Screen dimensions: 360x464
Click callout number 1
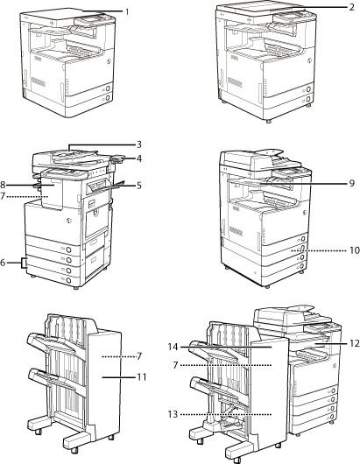point(127,12)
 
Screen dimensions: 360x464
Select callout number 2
point(352,7)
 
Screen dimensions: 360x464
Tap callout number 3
point(139,144)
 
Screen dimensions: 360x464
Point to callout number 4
point(139,158)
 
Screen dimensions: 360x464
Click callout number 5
point(139,186)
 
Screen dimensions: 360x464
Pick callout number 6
point(3,263)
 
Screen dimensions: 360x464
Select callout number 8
point(3,186)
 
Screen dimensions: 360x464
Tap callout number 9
point(352,184)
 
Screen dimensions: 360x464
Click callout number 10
point(355,250)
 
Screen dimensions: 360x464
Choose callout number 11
point(142,377)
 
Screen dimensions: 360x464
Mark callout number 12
point(355,343)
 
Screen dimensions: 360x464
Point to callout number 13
point(173,414)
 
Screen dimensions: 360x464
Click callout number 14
point(173,347)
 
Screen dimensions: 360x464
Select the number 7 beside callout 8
point(3,196)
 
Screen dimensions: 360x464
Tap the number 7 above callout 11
point(139,356)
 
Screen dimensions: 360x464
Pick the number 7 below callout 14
point(175,365)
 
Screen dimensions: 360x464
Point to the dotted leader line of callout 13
point(226,414)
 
